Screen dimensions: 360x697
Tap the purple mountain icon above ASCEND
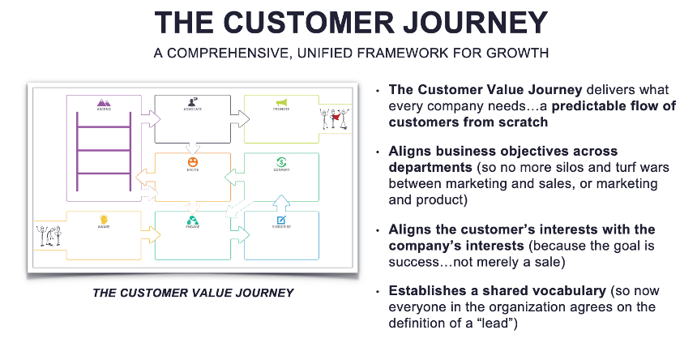(104, 103)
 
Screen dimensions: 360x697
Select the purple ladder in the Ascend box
(104, 152)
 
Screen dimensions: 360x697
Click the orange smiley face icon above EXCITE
(193, 161)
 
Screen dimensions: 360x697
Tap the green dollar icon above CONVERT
(281, 161)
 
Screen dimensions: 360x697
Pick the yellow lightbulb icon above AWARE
(104, 219)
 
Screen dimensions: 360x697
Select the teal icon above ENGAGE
(193, 220)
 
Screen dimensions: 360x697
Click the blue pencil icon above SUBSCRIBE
(281, 220)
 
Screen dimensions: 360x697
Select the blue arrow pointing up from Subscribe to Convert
(281, 200)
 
